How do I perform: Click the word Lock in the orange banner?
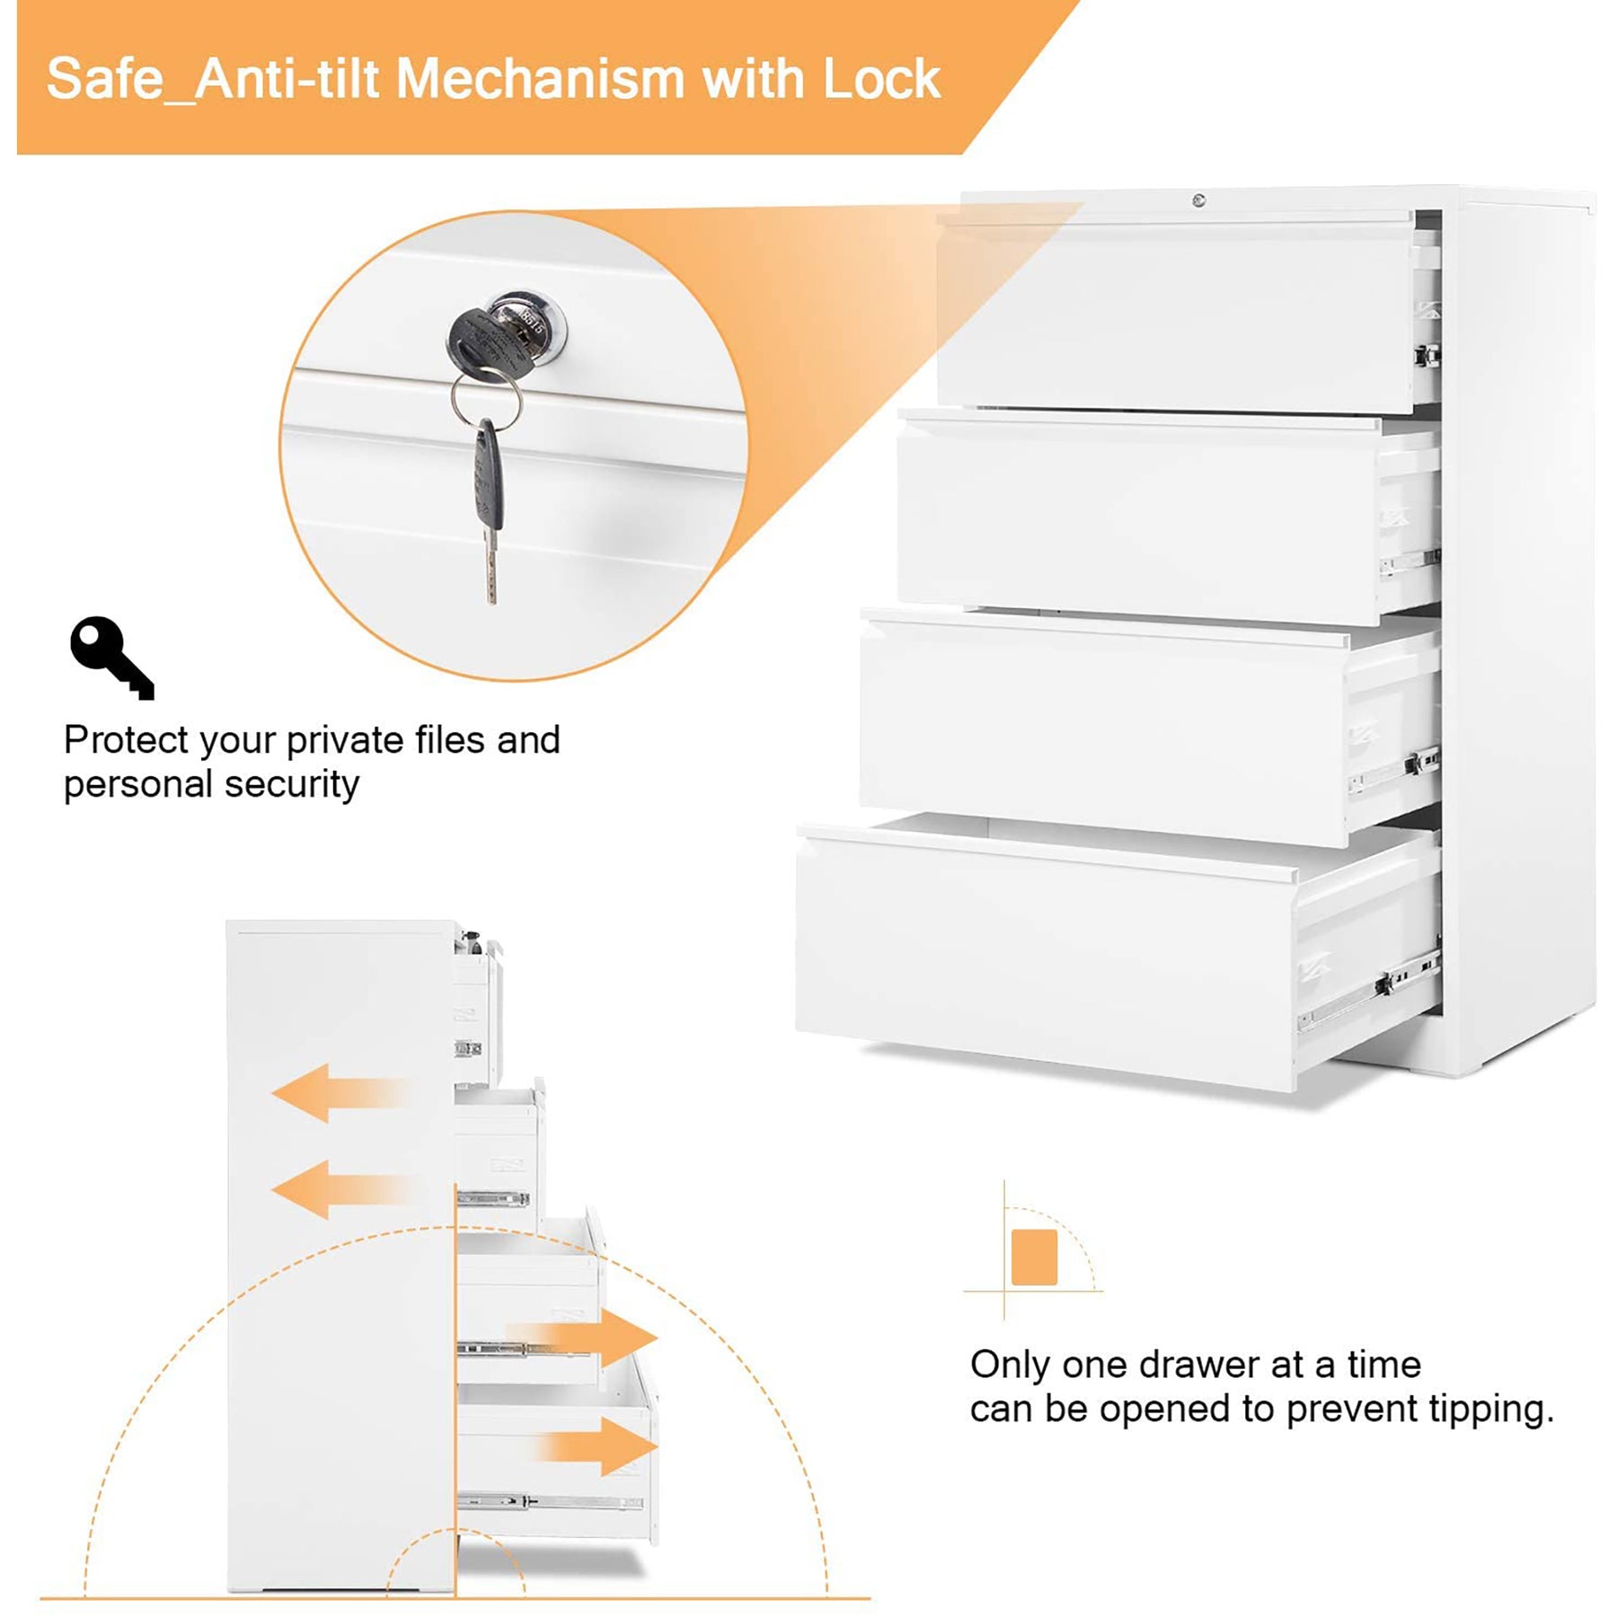(x=880, y=79)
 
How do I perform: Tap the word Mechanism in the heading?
(x=541, y=79)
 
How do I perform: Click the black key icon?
(x=111, y=657)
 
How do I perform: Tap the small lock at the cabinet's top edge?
(x=1198, y=199)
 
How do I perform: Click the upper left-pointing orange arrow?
(x=341, y=1092)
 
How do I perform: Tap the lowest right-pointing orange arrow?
(x=597, y=1445)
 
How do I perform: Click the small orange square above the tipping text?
(x=1034, y=1257)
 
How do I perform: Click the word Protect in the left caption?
(x=126, y=740)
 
